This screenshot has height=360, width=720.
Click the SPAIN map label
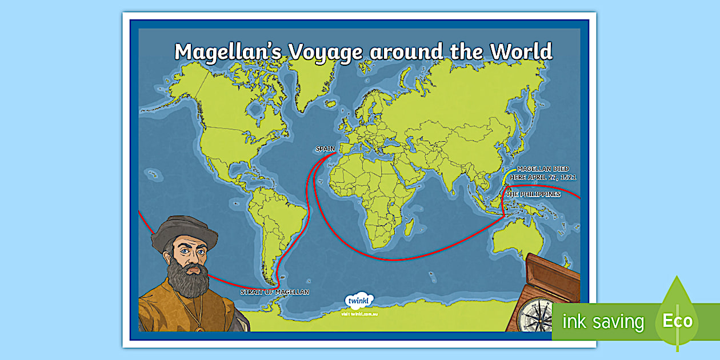[325, 149]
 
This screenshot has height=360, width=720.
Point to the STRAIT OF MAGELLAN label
[274, 292]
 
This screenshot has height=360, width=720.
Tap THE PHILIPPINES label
[533, 194]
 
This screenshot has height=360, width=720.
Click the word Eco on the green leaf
[678, 321]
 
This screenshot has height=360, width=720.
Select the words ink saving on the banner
[603, 322]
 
